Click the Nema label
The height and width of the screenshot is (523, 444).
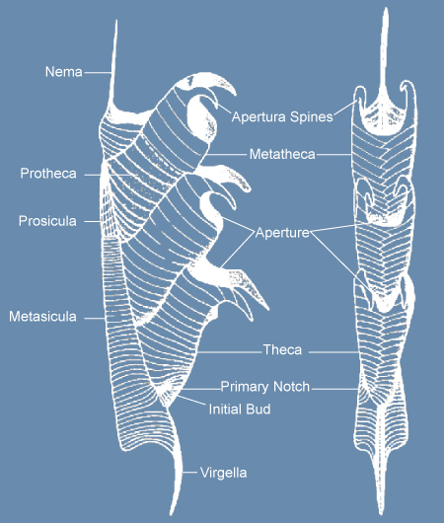pyautogui.click(x=64, y=72)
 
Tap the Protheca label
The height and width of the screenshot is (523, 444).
pyautogui.click(x=48, y=174)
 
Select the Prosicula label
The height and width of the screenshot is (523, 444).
pyautogui.click(x=47, y=221)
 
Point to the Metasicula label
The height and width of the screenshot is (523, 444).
pyautogui.click(x=42, y=317)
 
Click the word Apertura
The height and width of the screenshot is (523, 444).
pyautogui.click(x=259, y=117)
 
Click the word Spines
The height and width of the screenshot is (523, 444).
pyautogui.click(x=311, y=117)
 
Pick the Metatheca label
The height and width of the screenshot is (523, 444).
pyautogui.click(x=282, y=154)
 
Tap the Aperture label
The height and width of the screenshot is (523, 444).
pyautogui.click(x=282, y=233)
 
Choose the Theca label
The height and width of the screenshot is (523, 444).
pyautogui.click(x=282, y=350)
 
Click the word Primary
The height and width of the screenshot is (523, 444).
pyautogui.click(x=245, y=387)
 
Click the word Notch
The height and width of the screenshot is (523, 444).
pyautogui.click(x=291, y=387)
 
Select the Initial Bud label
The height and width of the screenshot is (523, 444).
pyautogui.click(x=240, y=410)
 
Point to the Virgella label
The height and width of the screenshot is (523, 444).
pyautogui.click(x=224, y=473)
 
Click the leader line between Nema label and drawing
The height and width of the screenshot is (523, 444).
pyautogui.click(x=98, y=72)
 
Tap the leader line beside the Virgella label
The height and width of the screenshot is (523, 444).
pyautogui.click(x=189, y=473)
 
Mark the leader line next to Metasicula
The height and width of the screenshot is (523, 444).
pyautogui.click(x=95, y=318)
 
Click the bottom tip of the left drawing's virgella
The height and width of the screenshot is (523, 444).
pyautogui.click(x=172, y=515)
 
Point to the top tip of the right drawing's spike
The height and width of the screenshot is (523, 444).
pyautogui.click(x=386, y=8)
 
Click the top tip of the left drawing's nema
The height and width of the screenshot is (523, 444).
pyautogui.click(x=116, y=21)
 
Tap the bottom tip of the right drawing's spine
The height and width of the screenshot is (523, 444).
pyautogui.click(x=381, y=514)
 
